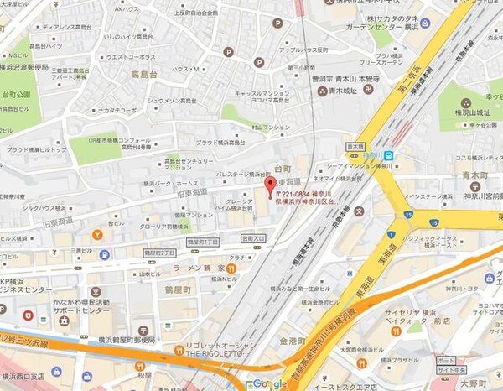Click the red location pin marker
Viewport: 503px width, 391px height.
click(269, 185)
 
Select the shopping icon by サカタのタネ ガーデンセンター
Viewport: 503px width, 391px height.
click(426, 23)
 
